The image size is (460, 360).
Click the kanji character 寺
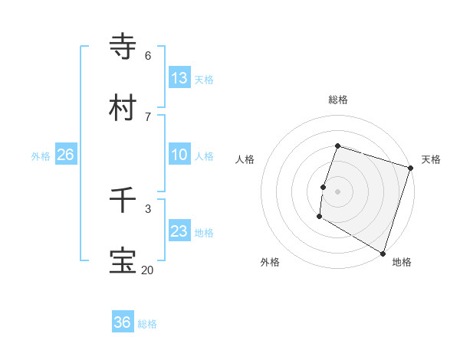[x=123, y=47]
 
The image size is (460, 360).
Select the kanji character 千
[x=123, y=200]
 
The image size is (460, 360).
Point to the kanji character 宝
[x=123, y=261]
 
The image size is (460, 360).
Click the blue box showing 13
[x=179, y=78]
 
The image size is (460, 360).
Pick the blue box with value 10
[x=179, y=155]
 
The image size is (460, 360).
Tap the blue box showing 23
[x=179, y=231]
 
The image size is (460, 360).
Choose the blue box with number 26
[x=66, y=155]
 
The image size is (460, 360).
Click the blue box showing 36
[x=123, y=322]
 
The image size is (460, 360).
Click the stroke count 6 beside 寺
[x=147, y=55]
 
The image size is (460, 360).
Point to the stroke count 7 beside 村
[x=147, y=116]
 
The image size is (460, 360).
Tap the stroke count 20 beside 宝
[x=147, y=270]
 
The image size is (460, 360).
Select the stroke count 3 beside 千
[x=147, y=208]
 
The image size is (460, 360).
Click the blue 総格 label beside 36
[x=147, y=324]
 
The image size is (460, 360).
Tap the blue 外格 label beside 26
[x=41, y=156]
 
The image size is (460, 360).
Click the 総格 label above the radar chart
[x=337, y=100]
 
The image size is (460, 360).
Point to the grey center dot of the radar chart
[x=337, y=191]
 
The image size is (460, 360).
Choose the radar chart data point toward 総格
[x=337, y=146]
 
